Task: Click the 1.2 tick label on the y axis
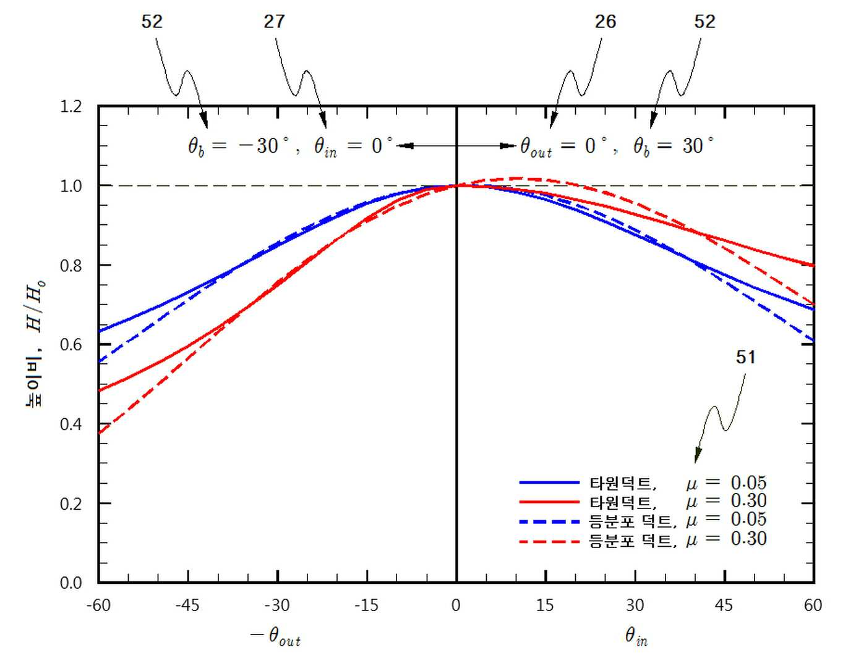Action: pos(71,106)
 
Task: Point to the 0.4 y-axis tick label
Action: pos(71,424)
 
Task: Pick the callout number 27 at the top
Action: pos(274,22)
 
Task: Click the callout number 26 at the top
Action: pos(606,22)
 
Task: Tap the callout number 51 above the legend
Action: pos(746,357)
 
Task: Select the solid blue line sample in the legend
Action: pos(549,483)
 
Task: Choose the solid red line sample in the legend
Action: pos(549,502)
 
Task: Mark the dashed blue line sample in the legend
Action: pos(549,521)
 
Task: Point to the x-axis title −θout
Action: pos(275,638)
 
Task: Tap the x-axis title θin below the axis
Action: pos(636,638)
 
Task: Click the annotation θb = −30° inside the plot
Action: pos(239,147)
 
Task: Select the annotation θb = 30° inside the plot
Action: pos(674,147)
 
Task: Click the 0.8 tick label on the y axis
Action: pos(71,266)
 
